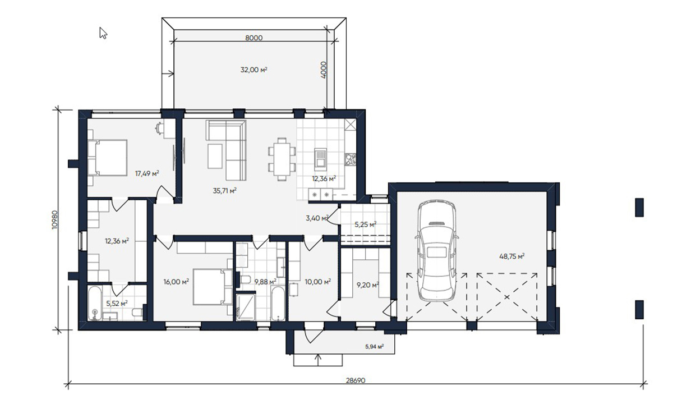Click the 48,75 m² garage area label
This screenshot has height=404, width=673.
pos(512,256)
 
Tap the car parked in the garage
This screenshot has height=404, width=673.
pos(437,251)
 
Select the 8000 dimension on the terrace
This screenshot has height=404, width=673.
pos(254,38)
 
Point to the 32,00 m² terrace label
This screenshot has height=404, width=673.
pos(254,70)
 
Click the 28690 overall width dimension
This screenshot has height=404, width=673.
pos(356,380)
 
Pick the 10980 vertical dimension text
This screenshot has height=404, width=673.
pos(54,220)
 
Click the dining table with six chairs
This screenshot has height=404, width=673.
pos(282,159)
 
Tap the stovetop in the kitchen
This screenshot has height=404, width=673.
pos(351,159)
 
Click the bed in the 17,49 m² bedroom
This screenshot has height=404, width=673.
pos(108,157)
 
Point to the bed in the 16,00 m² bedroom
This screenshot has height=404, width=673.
pos(213,287)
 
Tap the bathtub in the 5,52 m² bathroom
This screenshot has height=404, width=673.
pos(95,303)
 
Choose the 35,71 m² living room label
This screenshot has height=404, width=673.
pos(225,191)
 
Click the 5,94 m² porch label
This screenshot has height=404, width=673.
pos(375,347)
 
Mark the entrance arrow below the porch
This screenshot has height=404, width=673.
pos(318,360)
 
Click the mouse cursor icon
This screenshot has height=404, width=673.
pos(103,33)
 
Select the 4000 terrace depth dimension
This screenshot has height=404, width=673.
pos(324,70)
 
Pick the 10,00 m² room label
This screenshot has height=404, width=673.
pos(318,282)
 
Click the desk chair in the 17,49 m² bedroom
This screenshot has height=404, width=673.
pos(158,128)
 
